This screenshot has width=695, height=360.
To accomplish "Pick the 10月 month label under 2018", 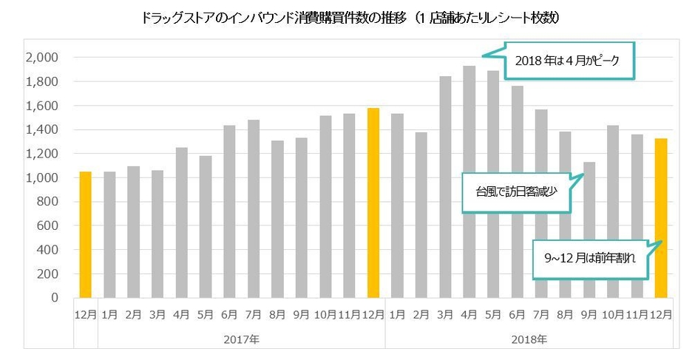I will point(613,313).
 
